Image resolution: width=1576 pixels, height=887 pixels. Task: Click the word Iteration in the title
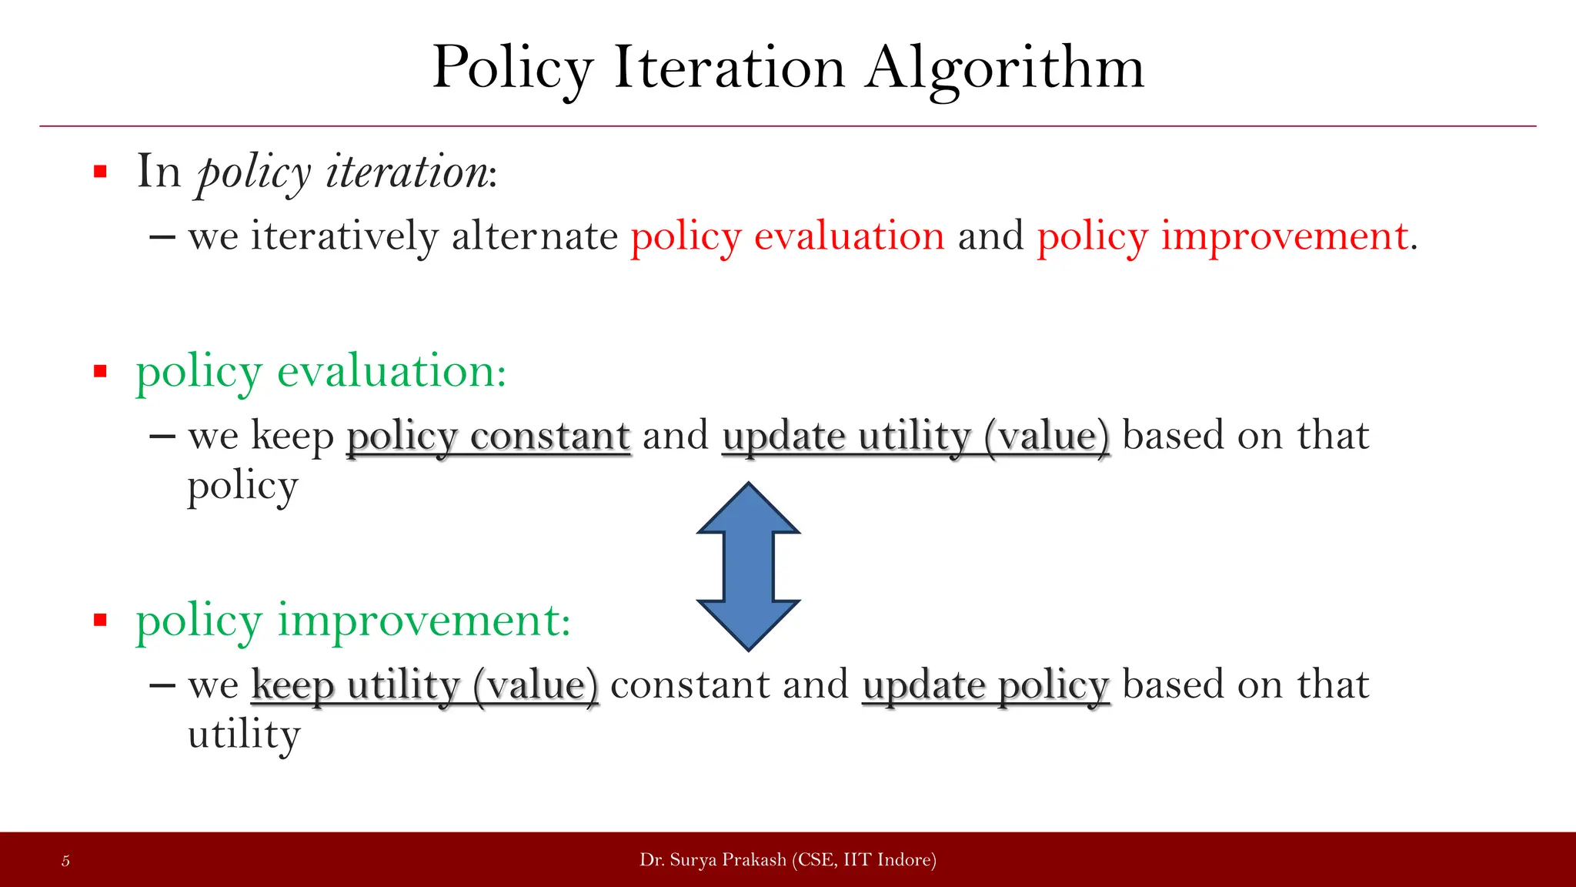tap(729, 68)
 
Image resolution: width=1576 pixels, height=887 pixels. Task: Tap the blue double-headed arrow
tap(748, 567)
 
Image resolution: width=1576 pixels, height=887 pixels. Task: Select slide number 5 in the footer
tap(65, 861)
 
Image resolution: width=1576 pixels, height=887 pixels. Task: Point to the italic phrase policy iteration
tap(342, 172)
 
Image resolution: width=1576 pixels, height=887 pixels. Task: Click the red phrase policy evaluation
tap(787, 236)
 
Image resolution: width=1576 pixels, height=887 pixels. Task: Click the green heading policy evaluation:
tap(321, 373)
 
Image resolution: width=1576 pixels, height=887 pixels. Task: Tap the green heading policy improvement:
tap(353, 621)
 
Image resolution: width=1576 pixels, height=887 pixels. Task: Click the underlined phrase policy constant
tap(489, 437)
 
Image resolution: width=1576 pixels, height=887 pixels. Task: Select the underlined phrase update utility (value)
tap(916, 437)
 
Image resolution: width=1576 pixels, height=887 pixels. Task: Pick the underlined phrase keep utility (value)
tap(424, 685)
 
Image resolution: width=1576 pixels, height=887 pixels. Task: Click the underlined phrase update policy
tap(986, 685)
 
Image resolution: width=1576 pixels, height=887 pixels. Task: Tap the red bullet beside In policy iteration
tap(100, 172)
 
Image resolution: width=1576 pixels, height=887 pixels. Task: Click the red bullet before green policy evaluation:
tap(100, 373)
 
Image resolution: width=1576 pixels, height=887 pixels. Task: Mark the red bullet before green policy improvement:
tap(100, 621)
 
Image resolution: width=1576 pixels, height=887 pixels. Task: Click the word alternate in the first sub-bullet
tap(534, 236)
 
